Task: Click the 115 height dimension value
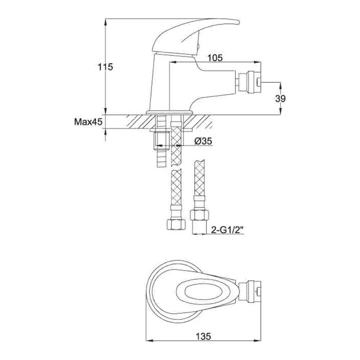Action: (105, 67)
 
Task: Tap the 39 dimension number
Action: (280, 99)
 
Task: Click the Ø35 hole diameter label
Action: (202, 141)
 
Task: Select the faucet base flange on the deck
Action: (169, 113)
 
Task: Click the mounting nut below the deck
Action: (161, 140)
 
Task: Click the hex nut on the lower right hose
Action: (199, 216)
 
